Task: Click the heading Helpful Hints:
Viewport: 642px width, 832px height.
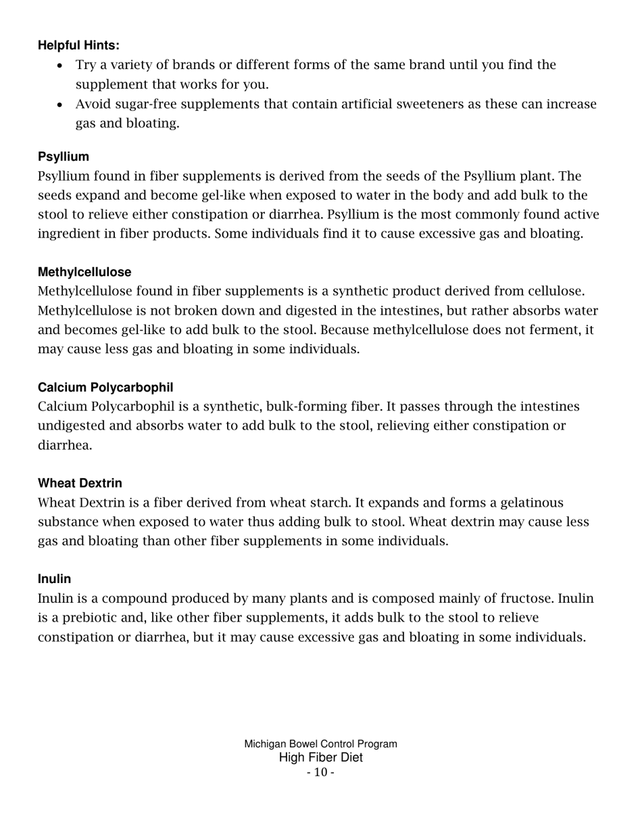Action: [x=78, y=45]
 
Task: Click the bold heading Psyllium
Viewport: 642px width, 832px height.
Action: [x=64, y=157]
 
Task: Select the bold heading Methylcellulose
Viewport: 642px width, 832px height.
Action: [x=84, y=272]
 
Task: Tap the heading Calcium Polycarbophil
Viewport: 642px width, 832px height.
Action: [x=105, y=388]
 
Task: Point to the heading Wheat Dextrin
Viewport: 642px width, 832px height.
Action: [x=80, y=484]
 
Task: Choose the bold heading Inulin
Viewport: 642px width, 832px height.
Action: [x=54, y=579]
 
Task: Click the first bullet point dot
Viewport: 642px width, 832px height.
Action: [x=60, y=66]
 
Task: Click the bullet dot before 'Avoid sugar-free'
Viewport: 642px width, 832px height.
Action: [x=60, y=106]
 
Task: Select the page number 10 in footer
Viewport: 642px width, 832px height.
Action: [x=320, y=772]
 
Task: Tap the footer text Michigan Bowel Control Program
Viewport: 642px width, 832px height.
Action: [x=320, y=744]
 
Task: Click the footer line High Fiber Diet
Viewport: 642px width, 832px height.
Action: [x=320, y=758]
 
